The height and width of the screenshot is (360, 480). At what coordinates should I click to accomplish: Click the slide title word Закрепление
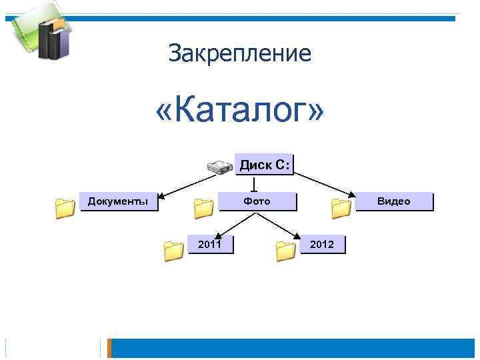pyautogui.click(x=239, y=53)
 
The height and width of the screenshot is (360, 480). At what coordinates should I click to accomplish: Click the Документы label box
pyautogui.click(x=119, y=201)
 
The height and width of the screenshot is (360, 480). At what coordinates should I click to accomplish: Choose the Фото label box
pyautogui.click(x=257, y=201)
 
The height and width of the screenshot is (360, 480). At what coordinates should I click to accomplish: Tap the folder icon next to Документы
pyautogui.click(x=65, y=209)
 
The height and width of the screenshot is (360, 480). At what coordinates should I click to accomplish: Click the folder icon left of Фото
pyautogui.click(x=203, y=209)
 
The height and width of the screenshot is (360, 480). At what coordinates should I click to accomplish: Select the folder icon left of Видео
pyautogui.click(x=341, y=209)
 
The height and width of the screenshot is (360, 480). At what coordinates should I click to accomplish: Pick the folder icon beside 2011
pyautogui.click(x=173, y=251)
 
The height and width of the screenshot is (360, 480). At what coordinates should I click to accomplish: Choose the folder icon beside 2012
pyautogui.click(x=285, y=251)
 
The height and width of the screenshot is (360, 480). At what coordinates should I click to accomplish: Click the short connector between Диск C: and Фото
pyautogui.click(x=254, y=183)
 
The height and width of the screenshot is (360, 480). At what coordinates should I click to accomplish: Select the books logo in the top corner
pyautogui.click(x=40, y=33)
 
